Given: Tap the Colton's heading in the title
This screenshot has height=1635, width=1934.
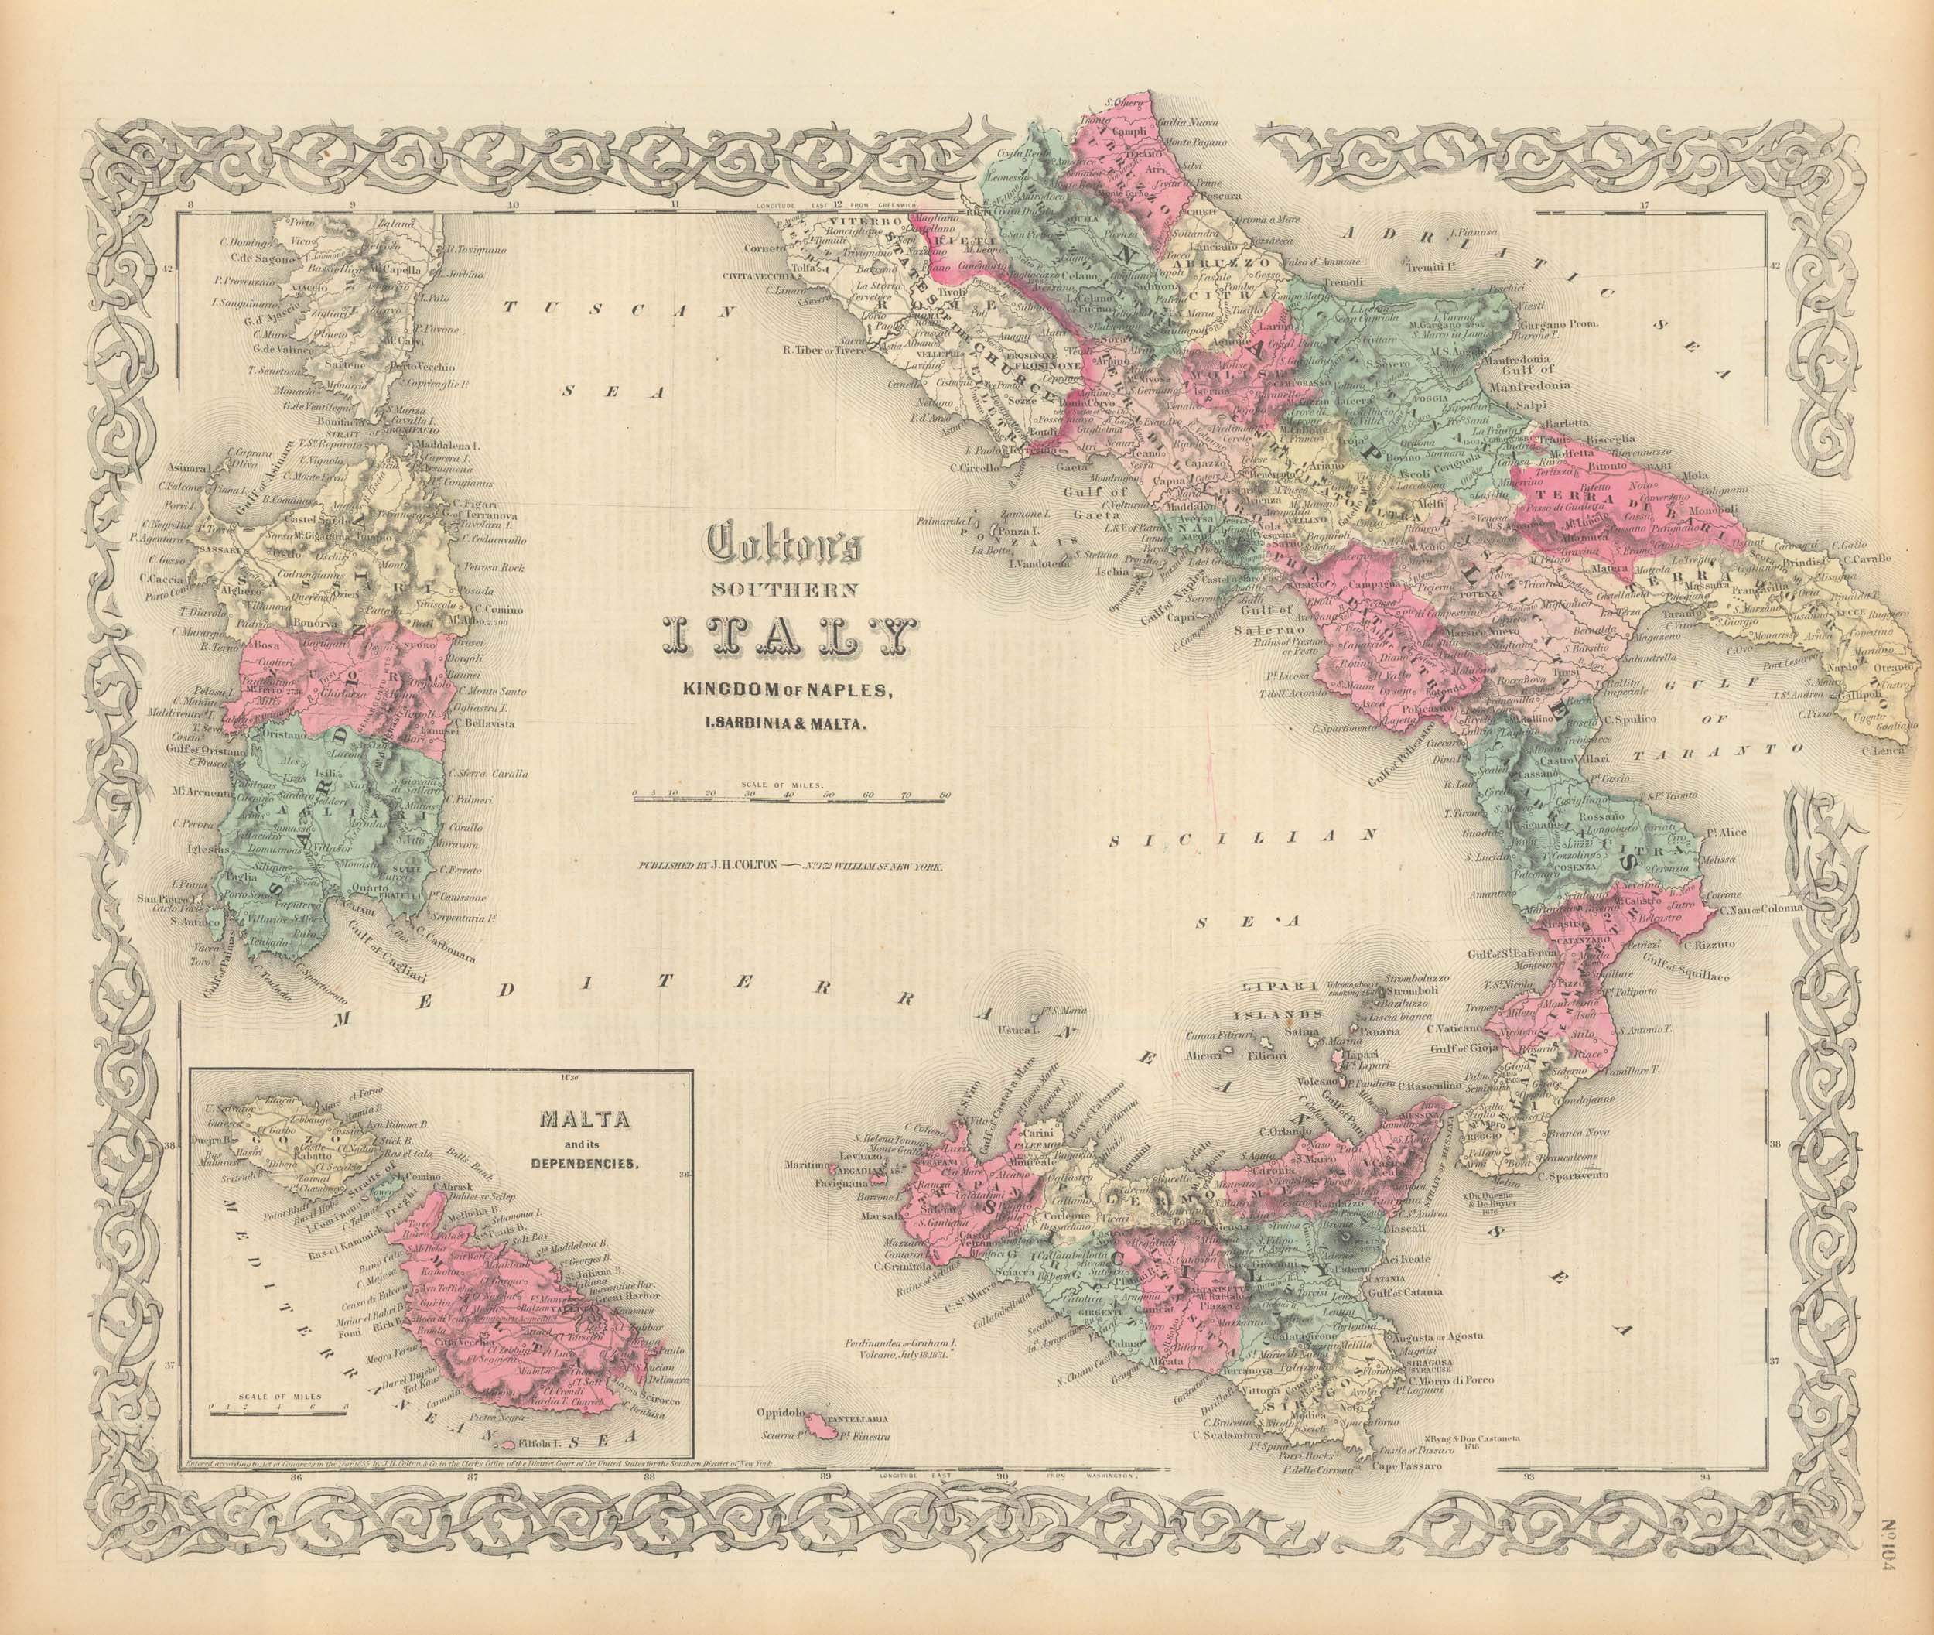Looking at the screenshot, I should pyautogui.click(x=785, y=545).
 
